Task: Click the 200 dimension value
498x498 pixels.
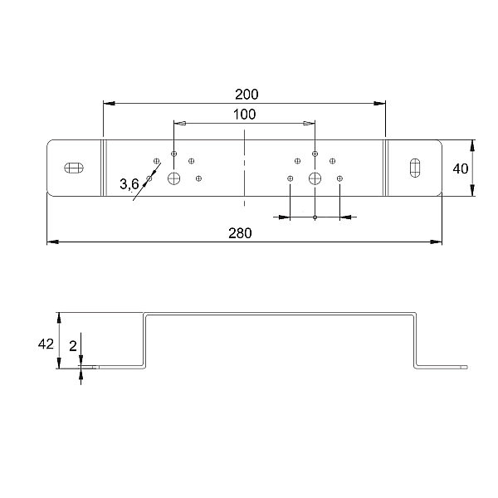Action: pos(247,95)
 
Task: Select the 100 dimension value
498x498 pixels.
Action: pos(244,115)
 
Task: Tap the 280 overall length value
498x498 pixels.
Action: pos(240,233)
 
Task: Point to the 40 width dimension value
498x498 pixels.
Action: pos(461,168)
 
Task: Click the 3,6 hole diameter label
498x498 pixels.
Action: pos(129,184)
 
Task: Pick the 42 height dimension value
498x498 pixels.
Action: pos(46,344)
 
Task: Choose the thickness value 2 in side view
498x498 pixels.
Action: pos(73,346)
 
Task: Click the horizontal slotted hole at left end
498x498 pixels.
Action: pos(74,168)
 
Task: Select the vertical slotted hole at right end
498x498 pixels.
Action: pos(415,168)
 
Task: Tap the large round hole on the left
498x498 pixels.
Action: pos(174,178)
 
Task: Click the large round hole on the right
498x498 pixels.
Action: pos(315,178)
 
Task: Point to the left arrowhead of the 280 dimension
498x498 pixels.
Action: pos(53,242)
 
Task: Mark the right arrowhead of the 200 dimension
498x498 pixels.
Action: pos(379,103)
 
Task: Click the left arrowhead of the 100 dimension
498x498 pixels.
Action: pos(180,123)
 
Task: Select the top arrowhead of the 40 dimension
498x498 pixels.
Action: pos(472,146)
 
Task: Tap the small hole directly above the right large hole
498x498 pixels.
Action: pos(315,154)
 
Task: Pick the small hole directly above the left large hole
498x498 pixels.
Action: pos(173,154)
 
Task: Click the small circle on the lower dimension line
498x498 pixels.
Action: pos(315,217)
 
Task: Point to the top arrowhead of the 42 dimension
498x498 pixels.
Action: pos(59,319)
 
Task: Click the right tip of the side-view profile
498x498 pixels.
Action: pos(467,367)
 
